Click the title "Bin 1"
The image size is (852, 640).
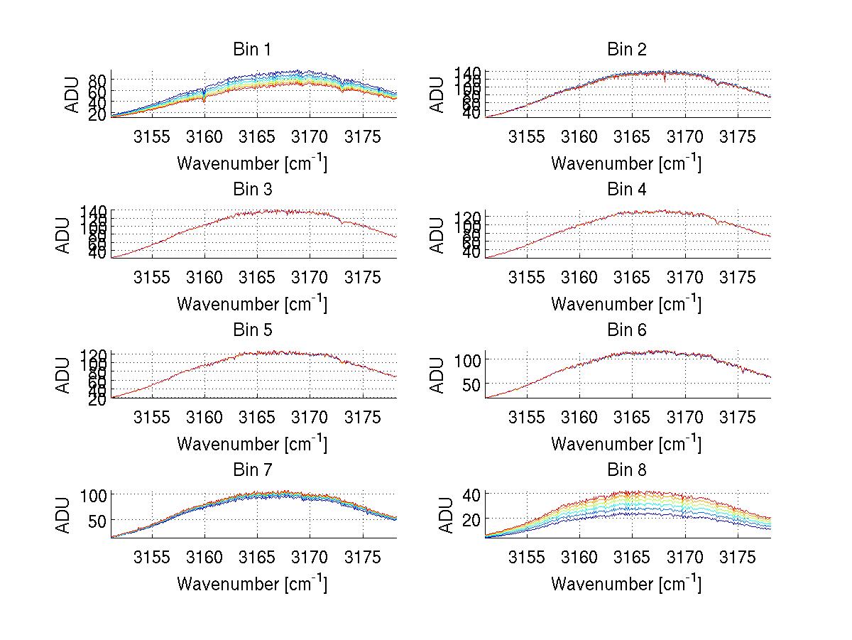pos(252,50)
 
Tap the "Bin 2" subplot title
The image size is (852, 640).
pos(627,50)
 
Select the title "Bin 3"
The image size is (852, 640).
pos(252,190)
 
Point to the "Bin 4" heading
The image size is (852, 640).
pos(627,190)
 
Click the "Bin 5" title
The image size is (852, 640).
pos(252,330)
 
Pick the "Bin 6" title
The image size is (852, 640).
pos(627,330)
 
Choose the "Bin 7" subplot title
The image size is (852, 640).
pos(252,470)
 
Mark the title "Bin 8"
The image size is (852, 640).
pos(627,470)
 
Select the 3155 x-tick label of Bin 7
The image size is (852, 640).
pos(152,557)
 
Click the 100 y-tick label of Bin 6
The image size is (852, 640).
pos(469,360)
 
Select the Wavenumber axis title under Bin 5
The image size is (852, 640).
pos(252,444)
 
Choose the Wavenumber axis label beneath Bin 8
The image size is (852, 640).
pos(627,584)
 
